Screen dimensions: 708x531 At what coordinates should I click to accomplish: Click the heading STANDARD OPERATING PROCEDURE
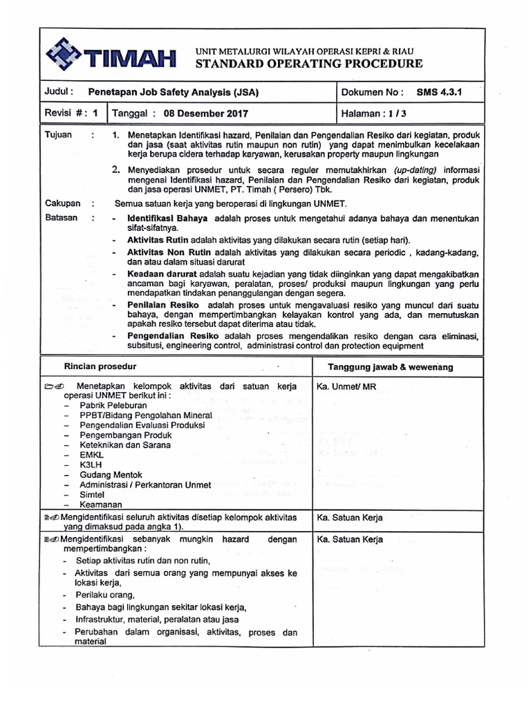[x=310, y=64]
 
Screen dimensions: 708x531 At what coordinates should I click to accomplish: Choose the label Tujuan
[x=58, y=134]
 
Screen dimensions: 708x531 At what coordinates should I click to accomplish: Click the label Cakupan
[x=62, y=204]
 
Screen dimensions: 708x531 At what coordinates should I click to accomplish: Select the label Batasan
[x=61, y=218]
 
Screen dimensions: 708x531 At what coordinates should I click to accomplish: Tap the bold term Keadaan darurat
[x=158, y=274]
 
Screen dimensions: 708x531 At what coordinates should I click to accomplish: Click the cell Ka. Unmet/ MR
[x=346, y=386]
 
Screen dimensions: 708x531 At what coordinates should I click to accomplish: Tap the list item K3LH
[x=91, y=465]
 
